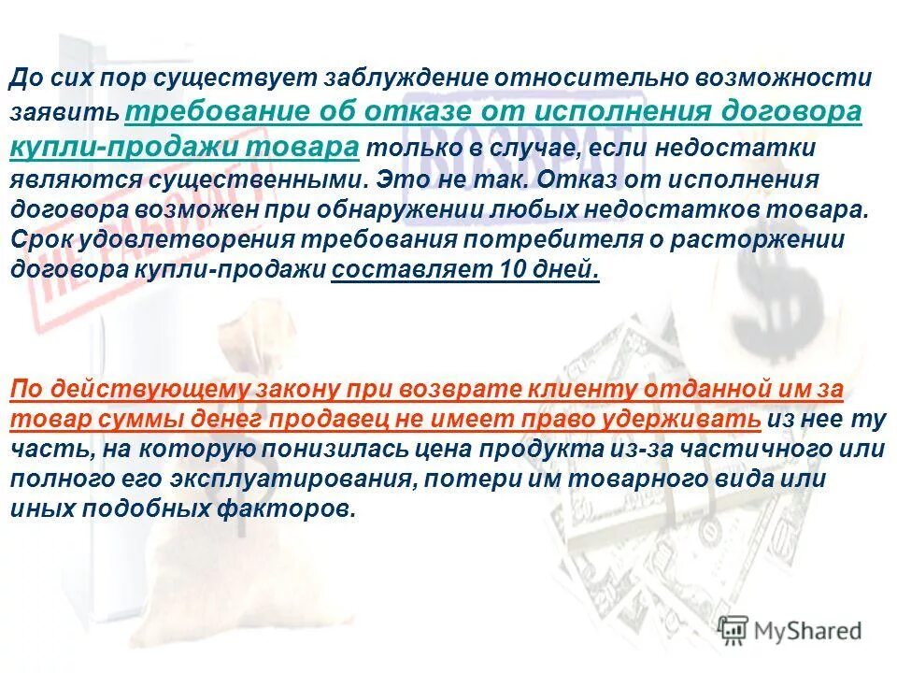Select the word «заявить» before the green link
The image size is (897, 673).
64,114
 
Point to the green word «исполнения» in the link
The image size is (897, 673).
603,111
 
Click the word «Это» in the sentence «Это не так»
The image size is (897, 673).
392,179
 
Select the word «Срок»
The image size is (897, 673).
39,239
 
